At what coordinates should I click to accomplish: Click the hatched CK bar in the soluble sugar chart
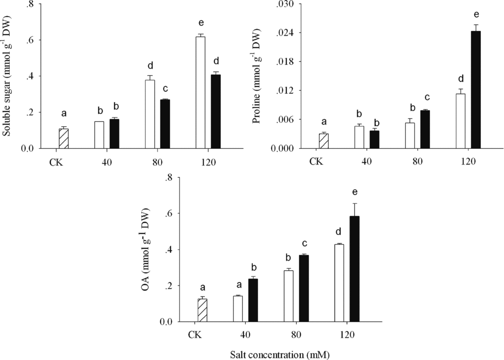point(63,138)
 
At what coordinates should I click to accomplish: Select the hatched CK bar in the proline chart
point(323,141)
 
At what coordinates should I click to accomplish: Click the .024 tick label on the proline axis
point(288,33)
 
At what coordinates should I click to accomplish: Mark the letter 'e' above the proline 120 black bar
point(476,14)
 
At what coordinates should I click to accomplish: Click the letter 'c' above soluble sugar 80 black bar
point(165,89)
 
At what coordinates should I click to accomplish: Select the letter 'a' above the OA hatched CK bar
point(202,288)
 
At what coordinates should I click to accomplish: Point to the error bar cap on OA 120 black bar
point(354,203)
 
